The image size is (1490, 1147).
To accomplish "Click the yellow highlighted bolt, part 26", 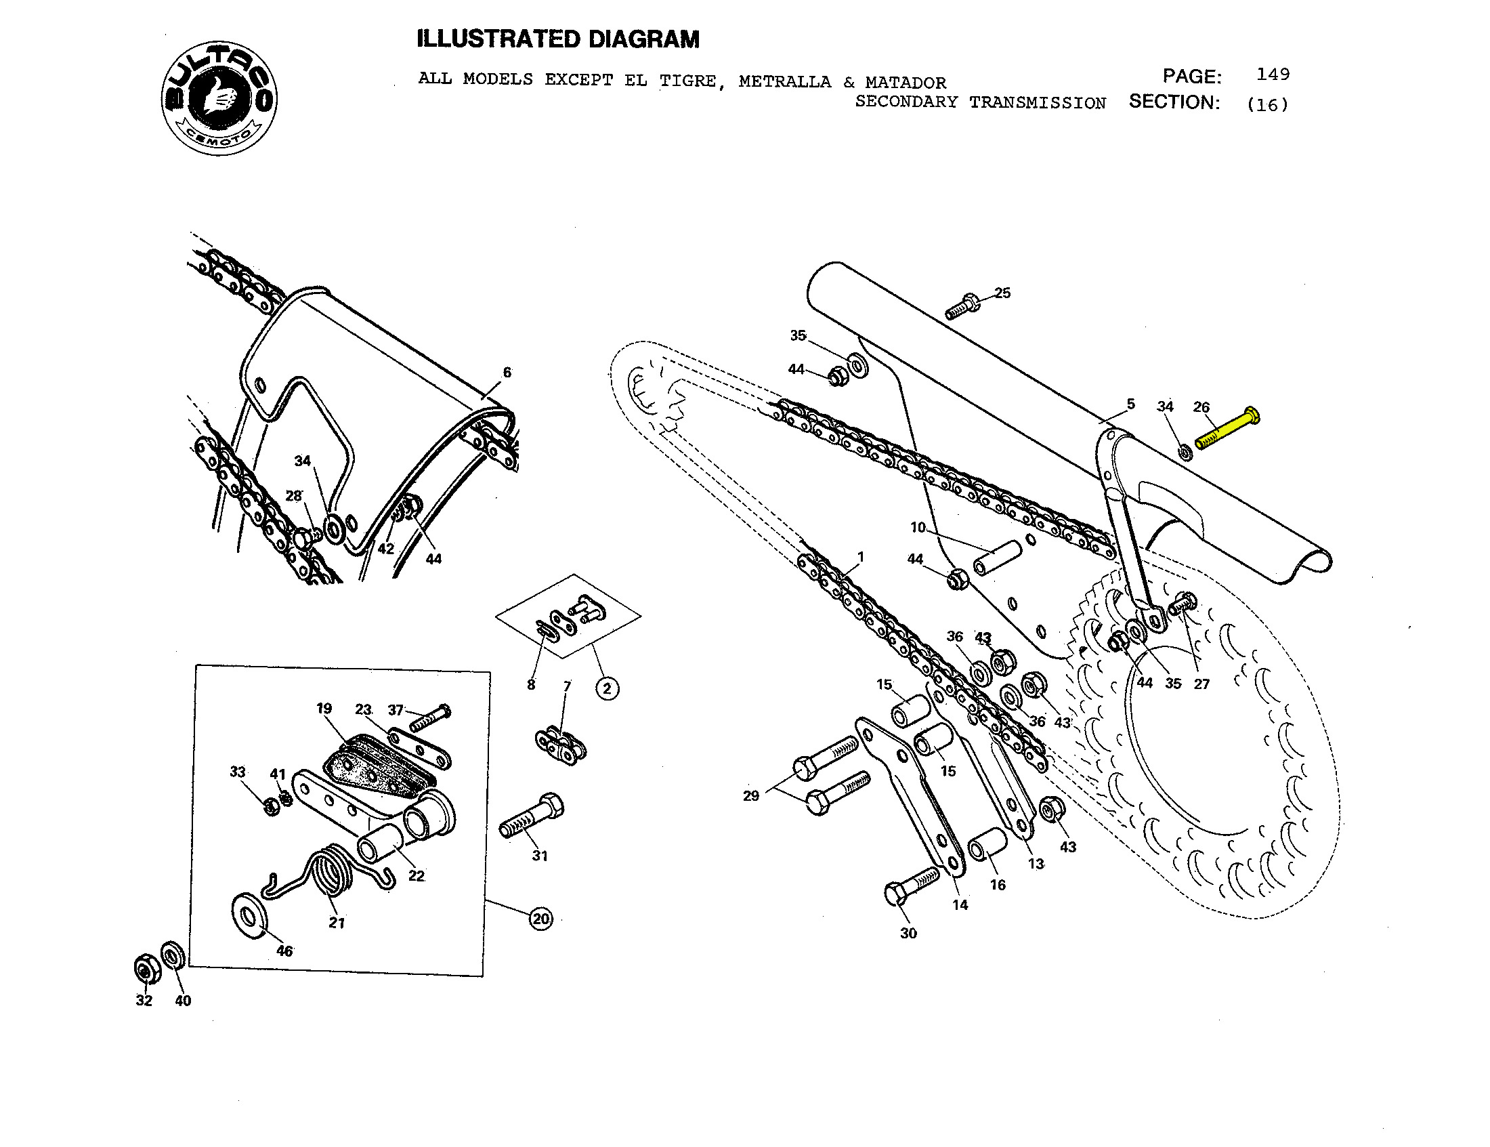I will (x=1227, y=427).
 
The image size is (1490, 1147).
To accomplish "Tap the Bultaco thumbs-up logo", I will (x=219, y=98).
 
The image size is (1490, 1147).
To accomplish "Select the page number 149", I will (x=1273, y=75).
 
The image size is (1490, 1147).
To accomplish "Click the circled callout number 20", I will (x=541, y=919).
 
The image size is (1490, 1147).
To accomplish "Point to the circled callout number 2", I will (x=608, y=688).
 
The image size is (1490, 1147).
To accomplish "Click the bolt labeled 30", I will (x=911, y=886).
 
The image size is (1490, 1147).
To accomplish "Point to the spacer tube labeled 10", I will (x=997, y=558).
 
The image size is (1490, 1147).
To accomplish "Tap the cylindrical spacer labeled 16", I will (x=987, y=845).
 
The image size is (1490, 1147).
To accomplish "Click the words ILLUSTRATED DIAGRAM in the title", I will (x=558, y=39).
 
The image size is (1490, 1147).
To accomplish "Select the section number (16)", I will (x=1267, y=104).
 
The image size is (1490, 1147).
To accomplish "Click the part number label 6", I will (x=507, y=373).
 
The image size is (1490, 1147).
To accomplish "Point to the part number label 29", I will (x=750, y=795).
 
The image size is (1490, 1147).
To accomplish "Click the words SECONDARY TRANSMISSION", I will (x=981, y=102).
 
